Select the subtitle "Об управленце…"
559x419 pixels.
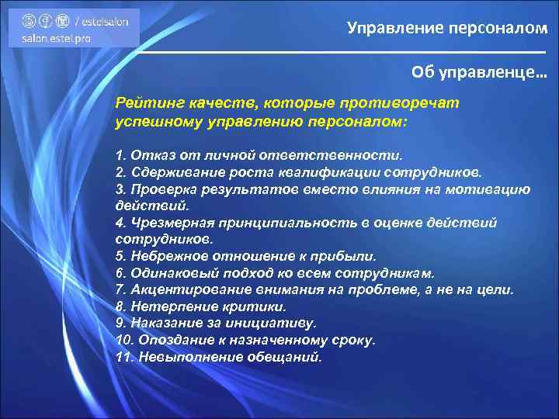point(479,72)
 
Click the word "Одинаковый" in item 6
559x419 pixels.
point(167,273)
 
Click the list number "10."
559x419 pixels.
point(124,340)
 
